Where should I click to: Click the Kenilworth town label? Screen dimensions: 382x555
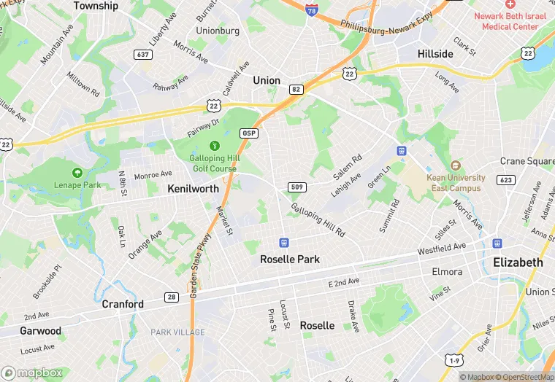[193, 188]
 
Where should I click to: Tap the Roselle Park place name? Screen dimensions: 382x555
[290, 259]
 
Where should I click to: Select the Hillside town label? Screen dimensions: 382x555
[435, 54]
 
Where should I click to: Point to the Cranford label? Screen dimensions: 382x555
[123, 304]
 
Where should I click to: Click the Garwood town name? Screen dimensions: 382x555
[40, 330]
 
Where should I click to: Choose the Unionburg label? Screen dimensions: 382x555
[218, 31]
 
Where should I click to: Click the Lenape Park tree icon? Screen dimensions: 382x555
[77, 173]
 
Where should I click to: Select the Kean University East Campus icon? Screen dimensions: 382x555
[456, 166]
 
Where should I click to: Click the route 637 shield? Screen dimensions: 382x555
[142, 55]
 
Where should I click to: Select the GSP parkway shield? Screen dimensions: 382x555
[248, 133]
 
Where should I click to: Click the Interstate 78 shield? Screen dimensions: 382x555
[312, 12]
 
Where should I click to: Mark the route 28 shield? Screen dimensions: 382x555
[171, 297]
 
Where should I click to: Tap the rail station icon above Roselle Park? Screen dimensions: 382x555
[284, 242]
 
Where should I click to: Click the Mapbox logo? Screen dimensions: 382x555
[36, 373]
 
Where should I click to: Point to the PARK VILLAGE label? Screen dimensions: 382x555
[177, 332]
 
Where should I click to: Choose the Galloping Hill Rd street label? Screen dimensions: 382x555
[318, 219]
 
